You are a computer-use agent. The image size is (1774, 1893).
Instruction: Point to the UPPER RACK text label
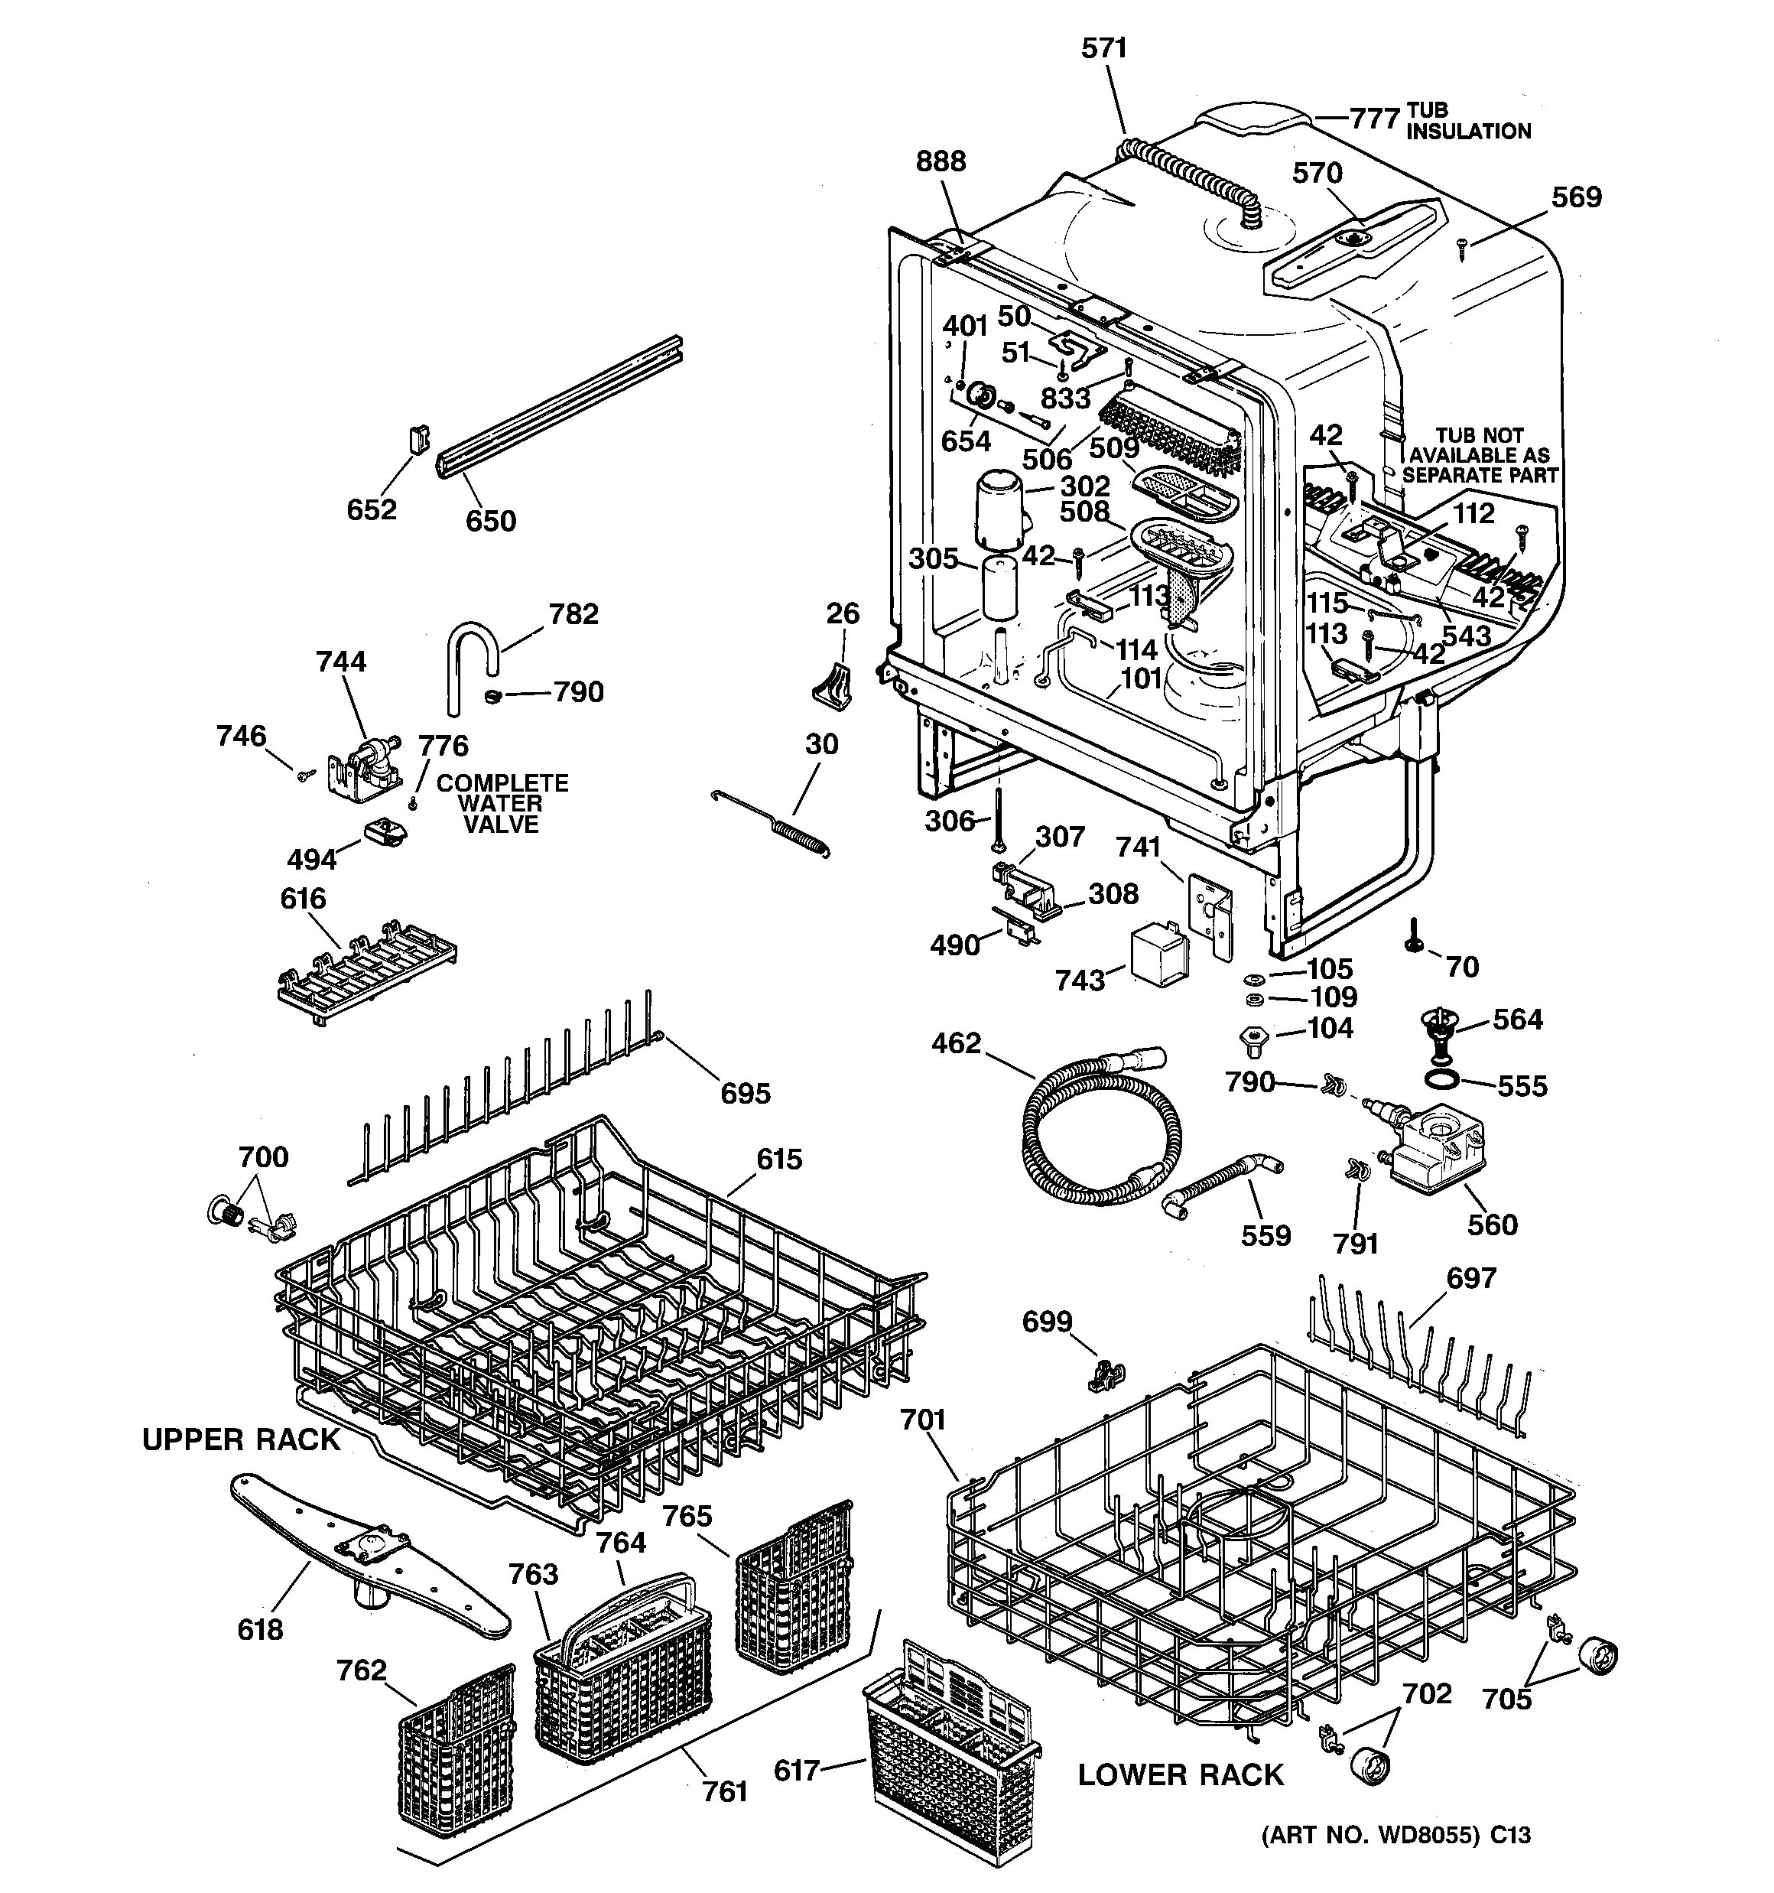pos(241,1439)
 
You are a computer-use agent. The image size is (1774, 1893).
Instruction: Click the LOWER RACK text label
pos(1181,1775)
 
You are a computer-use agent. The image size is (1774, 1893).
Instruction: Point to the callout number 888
pos(940,162)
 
